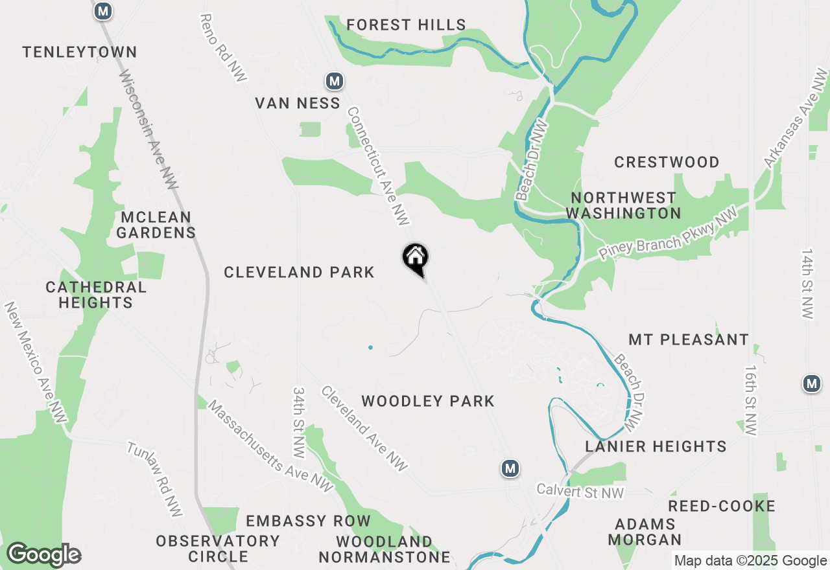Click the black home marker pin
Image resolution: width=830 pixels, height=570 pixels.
click(x=416, y=258)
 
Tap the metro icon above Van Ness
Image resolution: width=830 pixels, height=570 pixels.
click(x=334, y=81)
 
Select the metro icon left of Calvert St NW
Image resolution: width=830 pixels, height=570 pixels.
click(x=510, y=468)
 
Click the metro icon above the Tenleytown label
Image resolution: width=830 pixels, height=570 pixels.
click(x=102, y=10)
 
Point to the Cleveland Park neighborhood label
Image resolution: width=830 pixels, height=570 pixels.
click(x=299, y=272)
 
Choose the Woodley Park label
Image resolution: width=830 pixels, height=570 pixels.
click(x=428, y=402)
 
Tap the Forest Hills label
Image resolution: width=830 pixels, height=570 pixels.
click(x=406, y=25)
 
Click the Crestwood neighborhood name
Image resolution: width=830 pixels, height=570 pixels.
click(x=667, y=162)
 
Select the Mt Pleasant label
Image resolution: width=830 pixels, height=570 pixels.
click(x=689, y=339)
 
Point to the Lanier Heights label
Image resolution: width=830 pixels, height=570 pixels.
click(x=656, y=446)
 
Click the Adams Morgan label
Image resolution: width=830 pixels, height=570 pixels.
click(x=645, y=531)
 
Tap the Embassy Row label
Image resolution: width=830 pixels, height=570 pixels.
click(x=308, y=521)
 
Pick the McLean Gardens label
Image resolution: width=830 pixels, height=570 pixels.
click(x=156, y=225)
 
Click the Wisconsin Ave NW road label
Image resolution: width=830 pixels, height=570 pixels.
click(x=149, y=130)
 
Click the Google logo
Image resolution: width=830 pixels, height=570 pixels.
click(x=43, y=554)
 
